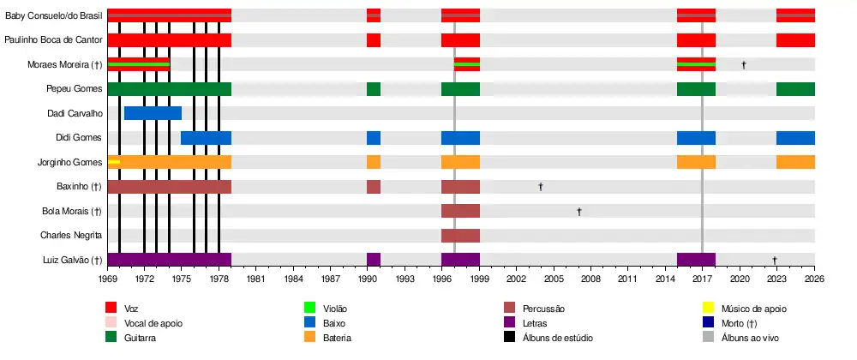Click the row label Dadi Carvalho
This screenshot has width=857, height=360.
click(75, 113)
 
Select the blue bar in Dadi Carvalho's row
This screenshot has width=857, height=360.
click(153, 113)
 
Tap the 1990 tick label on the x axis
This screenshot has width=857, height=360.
click(368, 279)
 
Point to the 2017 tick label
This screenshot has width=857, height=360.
click(702, 279)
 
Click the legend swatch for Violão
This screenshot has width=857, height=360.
click(311, 309)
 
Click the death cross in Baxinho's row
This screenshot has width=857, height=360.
click(541, 187)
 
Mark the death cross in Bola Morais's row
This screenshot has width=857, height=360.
click(579, 211)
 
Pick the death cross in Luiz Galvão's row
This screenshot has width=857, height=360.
click(775, 260)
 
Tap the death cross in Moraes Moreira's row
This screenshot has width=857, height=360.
click(744, 65)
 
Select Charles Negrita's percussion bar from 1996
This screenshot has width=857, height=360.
click(460, 236)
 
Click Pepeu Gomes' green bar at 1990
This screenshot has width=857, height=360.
click(374, 89)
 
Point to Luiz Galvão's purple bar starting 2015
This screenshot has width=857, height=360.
click(696, 260)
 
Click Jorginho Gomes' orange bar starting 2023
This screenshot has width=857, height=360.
click(795, 162)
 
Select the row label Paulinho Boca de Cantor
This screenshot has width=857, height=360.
click(53, 40)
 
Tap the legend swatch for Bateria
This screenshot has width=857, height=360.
click(311, 338)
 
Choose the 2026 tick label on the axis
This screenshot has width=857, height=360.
click(814, 279)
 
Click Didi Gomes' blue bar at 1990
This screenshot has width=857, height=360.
click(374, 138)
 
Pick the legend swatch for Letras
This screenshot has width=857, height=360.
click(511, 323)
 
